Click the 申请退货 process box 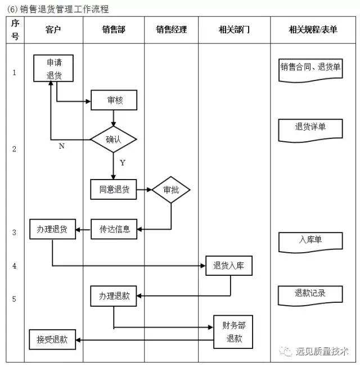click(54, 69)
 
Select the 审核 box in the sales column click(114, 101)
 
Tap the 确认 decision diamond click(114, 139)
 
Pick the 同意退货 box click(114, 190)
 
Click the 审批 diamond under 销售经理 click(171, 190)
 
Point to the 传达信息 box click(114, 229)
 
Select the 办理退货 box click(52, 229)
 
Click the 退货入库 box click(228, 266)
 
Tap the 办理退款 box click(114, 296)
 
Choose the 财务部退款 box click(233, 332)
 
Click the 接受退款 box click(52, 339)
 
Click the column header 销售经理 click(171, 30)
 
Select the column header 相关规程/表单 click(312, 30)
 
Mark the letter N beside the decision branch click(61, 146)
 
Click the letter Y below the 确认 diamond click(122, 163)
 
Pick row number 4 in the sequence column click(15, 266)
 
